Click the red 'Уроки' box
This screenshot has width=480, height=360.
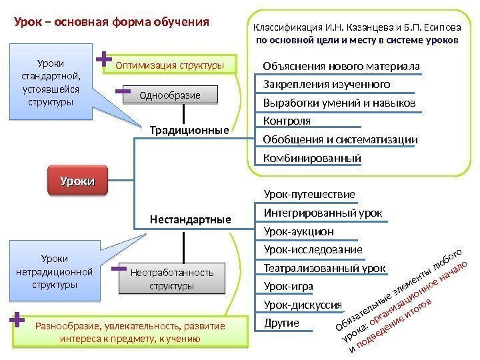[x=77, y=181]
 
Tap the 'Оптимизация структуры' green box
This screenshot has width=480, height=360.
[x=169, y=65]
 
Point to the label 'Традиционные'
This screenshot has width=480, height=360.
[x=190, y=130]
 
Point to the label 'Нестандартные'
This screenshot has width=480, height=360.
[x=191, y=219]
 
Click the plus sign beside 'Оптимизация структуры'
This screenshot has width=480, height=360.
[x=104, y=60]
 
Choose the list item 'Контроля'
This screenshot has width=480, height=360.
[x=287, y=121]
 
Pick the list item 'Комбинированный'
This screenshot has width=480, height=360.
[x=312, y=159]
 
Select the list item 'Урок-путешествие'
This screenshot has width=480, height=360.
[x=309, y=194]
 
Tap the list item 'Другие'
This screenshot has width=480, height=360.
[x=281, y=323]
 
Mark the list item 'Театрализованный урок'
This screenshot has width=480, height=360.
[x=324, y=268]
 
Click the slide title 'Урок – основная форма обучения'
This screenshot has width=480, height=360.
[x=112, y=21]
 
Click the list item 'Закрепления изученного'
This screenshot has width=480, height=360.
[x=327, y=85]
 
